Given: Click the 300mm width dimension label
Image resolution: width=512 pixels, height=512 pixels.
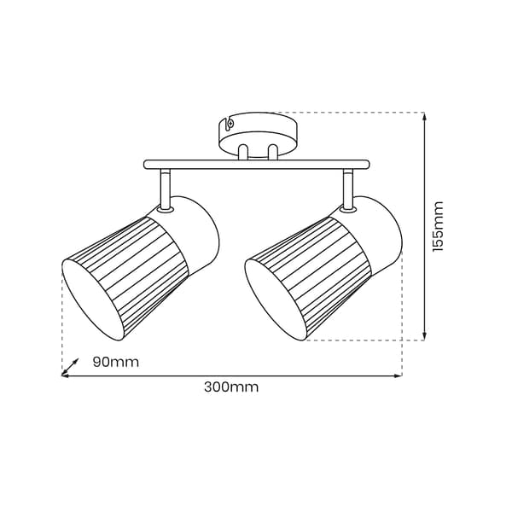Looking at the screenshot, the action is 231,387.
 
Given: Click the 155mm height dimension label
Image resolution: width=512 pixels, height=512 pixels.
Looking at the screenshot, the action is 438,226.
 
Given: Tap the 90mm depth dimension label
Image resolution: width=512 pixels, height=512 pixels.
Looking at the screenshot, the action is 116,362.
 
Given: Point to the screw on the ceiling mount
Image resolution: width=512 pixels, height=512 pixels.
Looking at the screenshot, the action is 231,124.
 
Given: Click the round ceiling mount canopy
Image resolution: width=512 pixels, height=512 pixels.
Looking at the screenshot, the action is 259,134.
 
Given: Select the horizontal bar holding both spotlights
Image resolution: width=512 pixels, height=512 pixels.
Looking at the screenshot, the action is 257,165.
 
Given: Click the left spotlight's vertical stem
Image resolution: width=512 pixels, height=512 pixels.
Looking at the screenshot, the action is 165,189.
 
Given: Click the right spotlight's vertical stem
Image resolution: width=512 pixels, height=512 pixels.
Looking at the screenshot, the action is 347,189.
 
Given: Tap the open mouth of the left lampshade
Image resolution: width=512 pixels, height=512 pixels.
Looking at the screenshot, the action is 92,300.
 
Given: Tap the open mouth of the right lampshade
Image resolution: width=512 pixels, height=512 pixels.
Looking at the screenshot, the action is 275,300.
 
